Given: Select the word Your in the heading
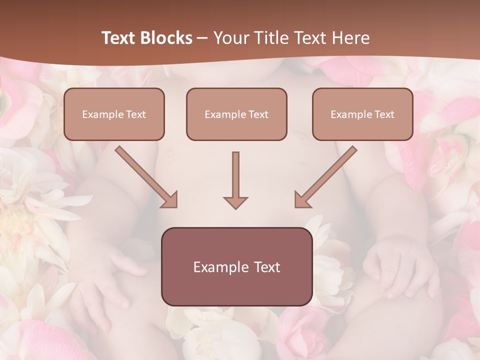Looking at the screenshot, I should point(231,38).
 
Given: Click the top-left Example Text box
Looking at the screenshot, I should point(114,114).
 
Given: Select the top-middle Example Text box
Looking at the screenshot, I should point(236,114).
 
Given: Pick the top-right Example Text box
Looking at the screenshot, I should point(362,114).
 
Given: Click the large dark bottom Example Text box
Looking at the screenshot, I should point(236,266).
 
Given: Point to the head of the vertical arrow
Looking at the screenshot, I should point(235,202).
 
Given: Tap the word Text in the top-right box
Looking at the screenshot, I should point(384,114).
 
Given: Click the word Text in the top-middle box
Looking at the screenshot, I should point(258,114).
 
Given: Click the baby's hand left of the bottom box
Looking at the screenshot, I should point(107,280).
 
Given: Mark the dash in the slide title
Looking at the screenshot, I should point(202,38).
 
